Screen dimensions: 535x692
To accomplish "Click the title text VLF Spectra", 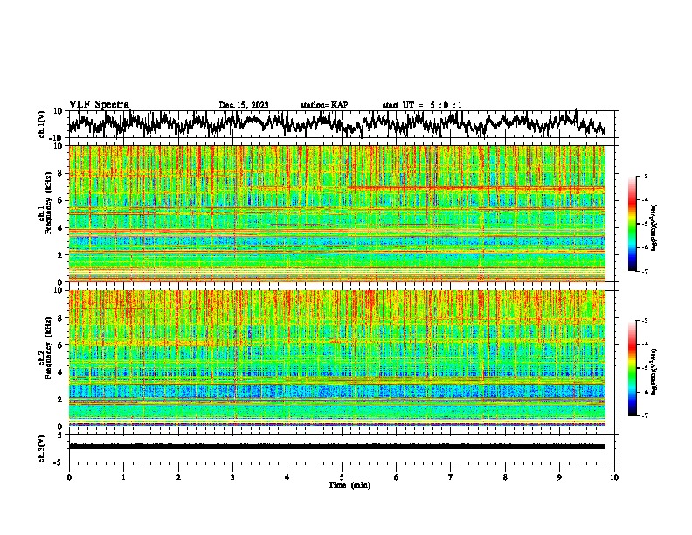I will [99, 104].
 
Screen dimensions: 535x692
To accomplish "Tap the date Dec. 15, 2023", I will [244, 105].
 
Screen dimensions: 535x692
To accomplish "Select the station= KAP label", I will [324, 105].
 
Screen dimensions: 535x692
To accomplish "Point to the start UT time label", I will [422, 105].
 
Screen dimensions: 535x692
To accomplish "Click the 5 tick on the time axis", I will [342, 476].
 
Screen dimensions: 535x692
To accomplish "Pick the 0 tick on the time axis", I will [69, 476].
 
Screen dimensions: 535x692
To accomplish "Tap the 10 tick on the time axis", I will [614, 476].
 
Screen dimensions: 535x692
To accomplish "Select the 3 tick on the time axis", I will [232, 476].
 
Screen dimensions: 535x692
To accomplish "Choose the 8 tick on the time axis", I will [505, 476].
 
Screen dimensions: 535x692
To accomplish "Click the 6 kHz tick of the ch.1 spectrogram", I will [60, 201].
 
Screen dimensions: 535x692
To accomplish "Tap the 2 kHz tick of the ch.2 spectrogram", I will [60, 400].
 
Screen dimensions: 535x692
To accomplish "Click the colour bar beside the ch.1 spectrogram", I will [633, 224].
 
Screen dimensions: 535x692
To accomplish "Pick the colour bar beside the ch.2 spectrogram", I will [633, 368].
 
